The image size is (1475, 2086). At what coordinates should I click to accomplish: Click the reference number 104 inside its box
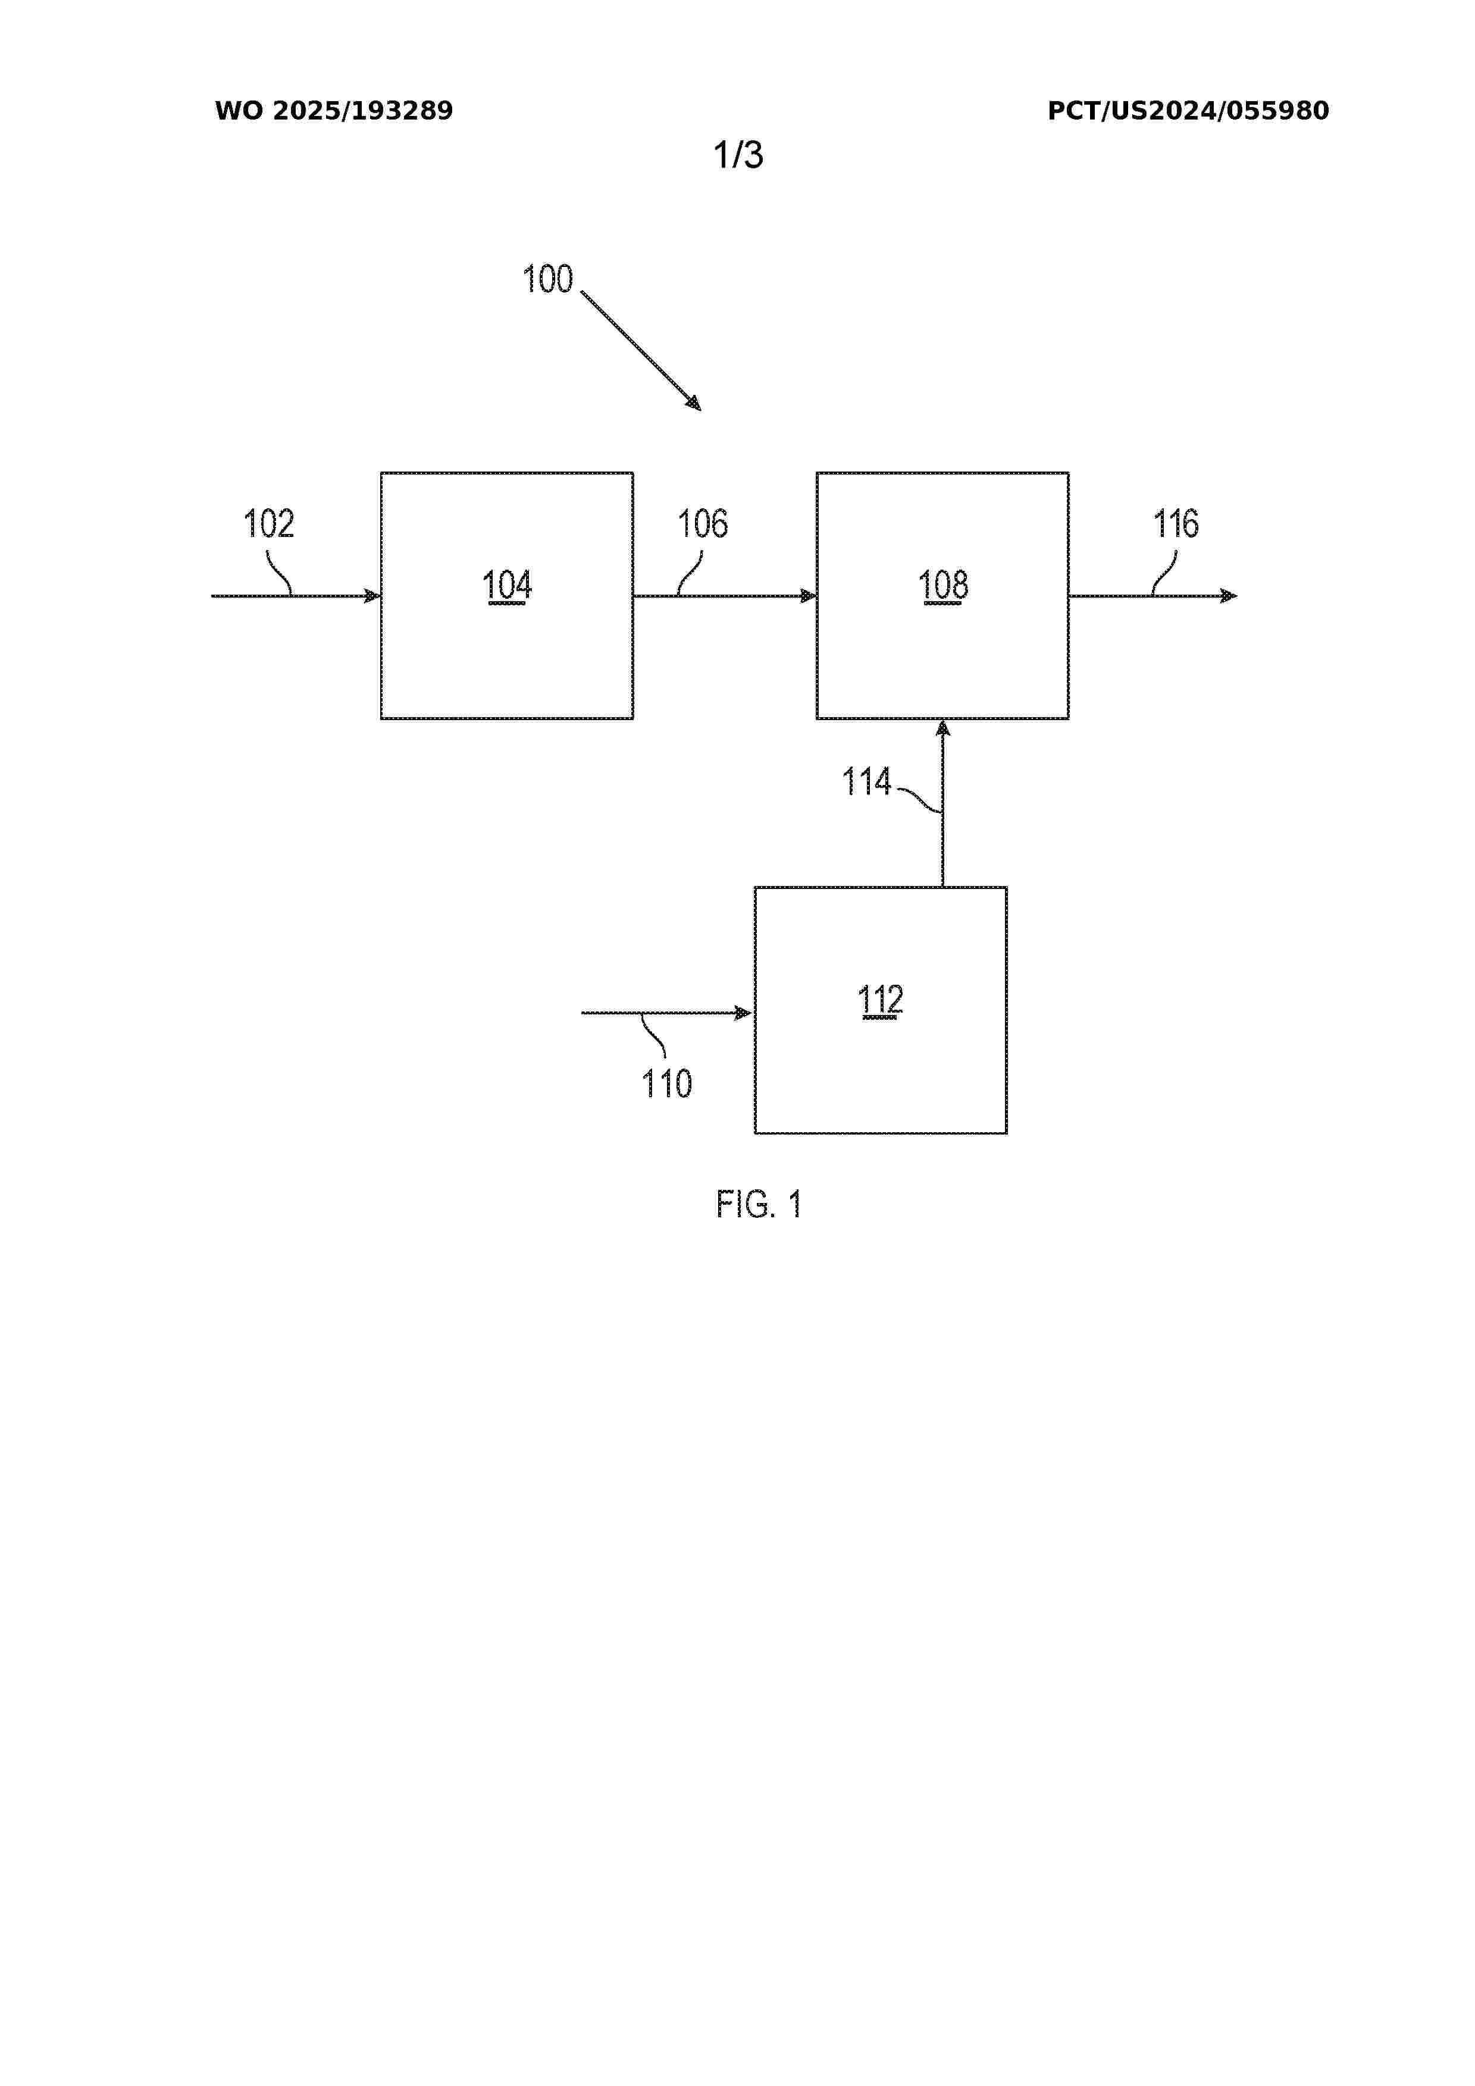pos(507,585)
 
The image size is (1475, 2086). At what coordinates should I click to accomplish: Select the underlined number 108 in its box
pos(943,585)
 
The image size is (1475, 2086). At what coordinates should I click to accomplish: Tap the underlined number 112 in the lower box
pos(881,1000)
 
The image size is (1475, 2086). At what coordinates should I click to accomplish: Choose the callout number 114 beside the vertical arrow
pos(866,781)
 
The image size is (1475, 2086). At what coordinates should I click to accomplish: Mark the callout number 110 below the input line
pos(667,1084)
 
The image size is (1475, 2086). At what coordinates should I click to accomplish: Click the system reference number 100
pos(547,279)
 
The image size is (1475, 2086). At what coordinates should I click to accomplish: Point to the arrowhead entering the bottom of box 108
pos(942,728)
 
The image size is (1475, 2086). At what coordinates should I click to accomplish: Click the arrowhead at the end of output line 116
pos(1229,596)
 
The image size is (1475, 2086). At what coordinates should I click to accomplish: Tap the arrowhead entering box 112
pos(743,1013)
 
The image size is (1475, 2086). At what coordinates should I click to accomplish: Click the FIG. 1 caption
pos(759,1205)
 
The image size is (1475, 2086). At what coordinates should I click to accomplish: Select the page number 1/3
pos(738,155)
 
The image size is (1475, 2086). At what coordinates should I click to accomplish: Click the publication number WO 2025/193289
pos(334,111)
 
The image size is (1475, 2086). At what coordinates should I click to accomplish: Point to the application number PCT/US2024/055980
pos(1188,111)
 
